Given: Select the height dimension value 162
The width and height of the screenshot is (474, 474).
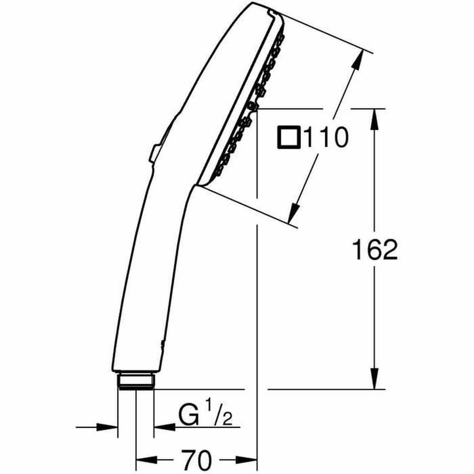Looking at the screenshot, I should point(374,250).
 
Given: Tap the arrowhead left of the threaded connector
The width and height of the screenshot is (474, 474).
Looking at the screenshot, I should point(109,426).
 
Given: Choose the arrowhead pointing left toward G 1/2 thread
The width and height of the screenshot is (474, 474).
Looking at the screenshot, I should point(162,426).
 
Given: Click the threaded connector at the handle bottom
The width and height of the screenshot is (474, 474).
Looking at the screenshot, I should point(135,380).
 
